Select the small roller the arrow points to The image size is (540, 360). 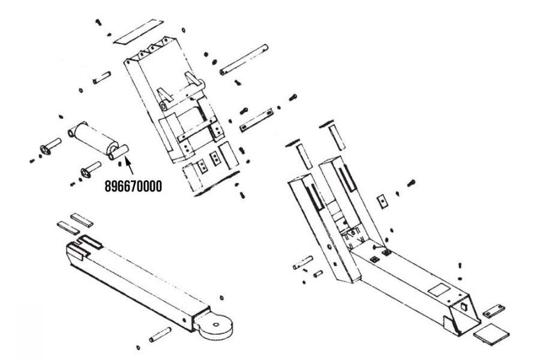point(118,151)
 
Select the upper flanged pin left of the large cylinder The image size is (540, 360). point(50,146)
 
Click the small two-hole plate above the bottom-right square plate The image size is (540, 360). point(493,309)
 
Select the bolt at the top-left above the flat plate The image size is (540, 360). point(97,22)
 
